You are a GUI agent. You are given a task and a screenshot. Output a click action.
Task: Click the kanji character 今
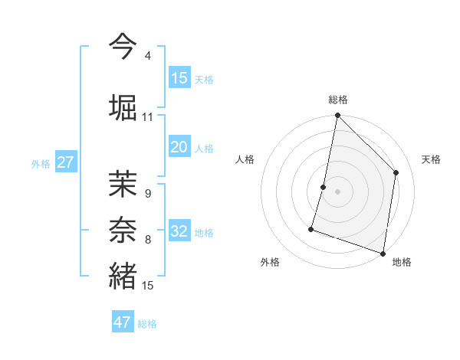[x=123, y=47]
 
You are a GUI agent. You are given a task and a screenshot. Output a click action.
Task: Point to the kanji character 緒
[x=123, y=275]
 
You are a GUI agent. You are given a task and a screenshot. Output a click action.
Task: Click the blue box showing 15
[x=179, y=78]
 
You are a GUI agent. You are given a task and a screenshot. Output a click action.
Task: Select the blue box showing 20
[x=179, y=147]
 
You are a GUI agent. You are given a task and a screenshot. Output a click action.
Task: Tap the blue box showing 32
[x=179, y=231]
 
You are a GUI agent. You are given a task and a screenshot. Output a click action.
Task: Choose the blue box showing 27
[x=66, y=162]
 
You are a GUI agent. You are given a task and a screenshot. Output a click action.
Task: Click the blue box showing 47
[x=123, y=322]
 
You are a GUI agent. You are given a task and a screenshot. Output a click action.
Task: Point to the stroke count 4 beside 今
[x=147, y=57]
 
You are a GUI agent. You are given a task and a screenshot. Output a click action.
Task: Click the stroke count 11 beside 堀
[x=147, y=117]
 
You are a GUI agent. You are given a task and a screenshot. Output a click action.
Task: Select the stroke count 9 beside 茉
[x=147, y=194]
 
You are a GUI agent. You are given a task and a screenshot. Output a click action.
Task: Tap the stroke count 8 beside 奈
[x=147, y=240]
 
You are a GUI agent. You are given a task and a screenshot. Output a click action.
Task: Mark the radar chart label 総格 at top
[x=338, y=100]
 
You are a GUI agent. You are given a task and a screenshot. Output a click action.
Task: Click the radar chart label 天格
[x=432, y=159]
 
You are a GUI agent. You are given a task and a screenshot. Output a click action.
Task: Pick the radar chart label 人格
[x=245, y=159]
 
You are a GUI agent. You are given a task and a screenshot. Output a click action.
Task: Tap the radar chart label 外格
[x=270, y=262]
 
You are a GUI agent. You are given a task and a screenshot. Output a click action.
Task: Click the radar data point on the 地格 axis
[x=383, y=253]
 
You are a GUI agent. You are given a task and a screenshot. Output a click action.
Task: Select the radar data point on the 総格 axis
[x=337, y=116]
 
